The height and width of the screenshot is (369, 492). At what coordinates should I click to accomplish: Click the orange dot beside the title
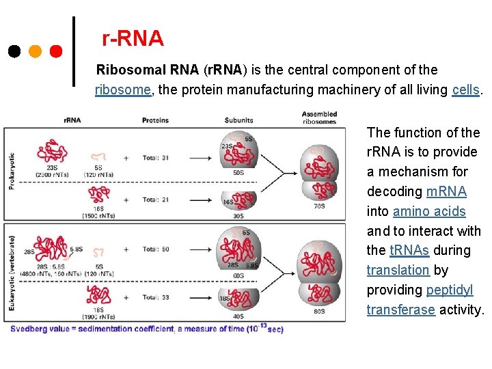pyautogui.click(x=36, y=51)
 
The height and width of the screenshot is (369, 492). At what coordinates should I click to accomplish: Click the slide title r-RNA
pyautogui.click(x=133, y=39)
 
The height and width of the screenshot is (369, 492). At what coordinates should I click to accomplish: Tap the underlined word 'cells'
pyautogui.click(x=466, y=90)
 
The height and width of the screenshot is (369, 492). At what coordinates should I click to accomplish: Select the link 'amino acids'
pyautogui.click(x=429, y=211)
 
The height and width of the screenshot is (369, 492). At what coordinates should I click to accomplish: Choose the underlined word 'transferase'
pyautogui.click(x=400, y=310)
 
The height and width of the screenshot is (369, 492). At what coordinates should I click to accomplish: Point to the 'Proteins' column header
pyautogui.click(x=155, y=120)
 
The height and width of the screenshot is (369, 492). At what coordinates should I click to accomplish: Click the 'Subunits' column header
pyautogui.click(x=238, y=120)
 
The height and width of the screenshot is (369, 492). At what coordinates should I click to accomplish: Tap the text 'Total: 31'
pyautogui.click(x=156, y=158)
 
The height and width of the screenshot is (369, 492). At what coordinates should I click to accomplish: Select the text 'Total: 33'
pyautogui.click(x=156, y=297)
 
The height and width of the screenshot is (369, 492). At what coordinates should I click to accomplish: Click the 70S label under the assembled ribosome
pyautogui.click(x=318, y=206)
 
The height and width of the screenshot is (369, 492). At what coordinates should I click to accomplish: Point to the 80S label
pyautogui.click(x=319, y=312)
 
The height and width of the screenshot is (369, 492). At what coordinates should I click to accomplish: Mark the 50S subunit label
pyautogui.click(x=238, y=172)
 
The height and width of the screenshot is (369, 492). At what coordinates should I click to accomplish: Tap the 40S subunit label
pyautogui.click(x=238, y=316)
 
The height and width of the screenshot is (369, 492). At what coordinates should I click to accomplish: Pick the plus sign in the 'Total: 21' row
pyautogui.click(x=126, y=200)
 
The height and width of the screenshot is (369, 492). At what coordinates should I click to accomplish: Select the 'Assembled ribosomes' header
pyautogui.click(x=318, y=118)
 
